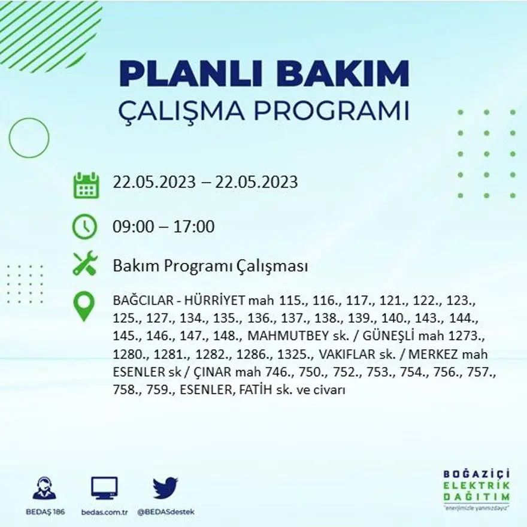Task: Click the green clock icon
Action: tap(84, 226)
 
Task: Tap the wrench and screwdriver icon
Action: tap(84, 264)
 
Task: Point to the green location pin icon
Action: tap(84, 305)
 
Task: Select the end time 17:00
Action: tap(195, 227)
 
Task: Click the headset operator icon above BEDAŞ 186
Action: tap(44, 488)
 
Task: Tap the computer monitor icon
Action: tap(104, 488)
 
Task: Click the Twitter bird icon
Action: tap(165, 487)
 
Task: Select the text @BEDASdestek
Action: tap(165, 512)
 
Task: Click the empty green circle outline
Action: tap(29, 138)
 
